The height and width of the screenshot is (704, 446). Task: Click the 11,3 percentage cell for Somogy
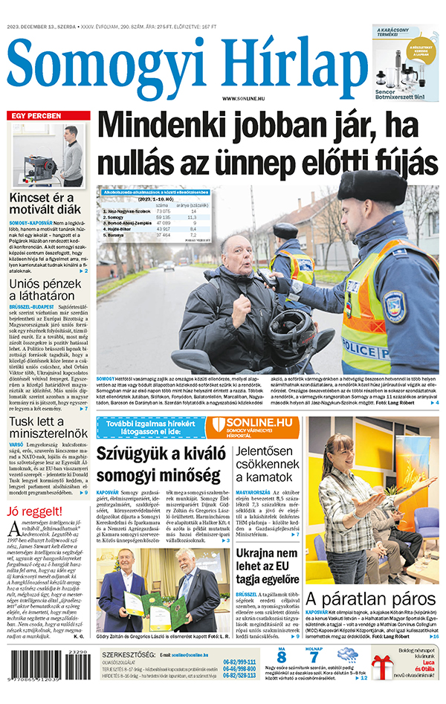click(x=193, y=217)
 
